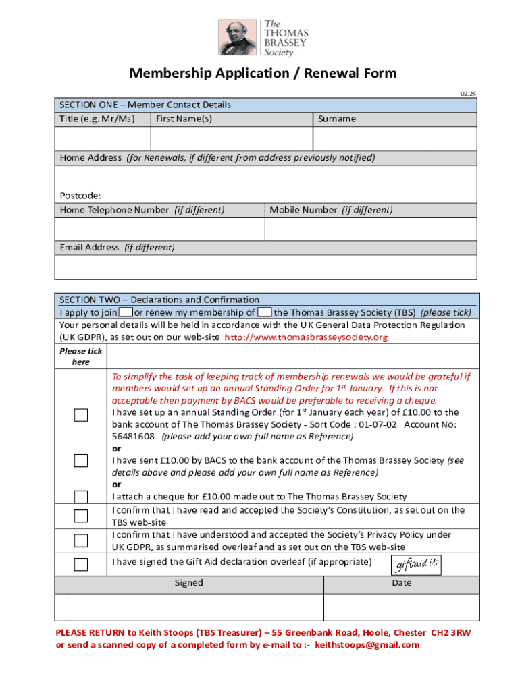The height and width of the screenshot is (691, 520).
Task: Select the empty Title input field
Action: click(x=102, y=138)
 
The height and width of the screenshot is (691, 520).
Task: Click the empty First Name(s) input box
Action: click(x=232, y=138)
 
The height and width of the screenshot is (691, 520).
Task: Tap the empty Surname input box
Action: click(x=395, y=138)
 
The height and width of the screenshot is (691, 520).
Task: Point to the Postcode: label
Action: click(x=80, y=196)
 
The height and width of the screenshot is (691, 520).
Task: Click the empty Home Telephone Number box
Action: click(x=159, y=229)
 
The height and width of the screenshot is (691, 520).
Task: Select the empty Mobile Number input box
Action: click(x=371, y=229)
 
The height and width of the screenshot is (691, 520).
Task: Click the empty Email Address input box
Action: click(x=267, y=267)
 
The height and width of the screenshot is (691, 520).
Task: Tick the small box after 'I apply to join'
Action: click(x=126, y=312)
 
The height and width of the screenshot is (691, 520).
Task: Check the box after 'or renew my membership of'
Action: click(x=265, y=312)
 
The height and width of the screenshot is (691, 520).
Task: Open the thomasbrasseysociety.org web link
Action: click(x=306, y=337)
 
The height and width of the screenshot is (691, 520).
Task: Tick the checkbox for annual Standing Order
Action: click(x=81, y=416)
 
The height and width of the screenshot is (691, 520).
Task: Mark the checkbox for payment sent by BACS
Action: click(x=81, y=461)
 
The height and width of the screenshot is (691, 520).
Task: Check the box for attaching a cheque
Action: click(x=81, y=497)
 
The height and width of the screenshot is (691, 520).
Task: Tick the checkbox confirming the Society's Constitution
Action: click(x=81, y=516)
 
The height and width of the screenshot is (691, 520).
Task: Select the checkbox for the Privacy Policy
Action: click(x=81, y=541)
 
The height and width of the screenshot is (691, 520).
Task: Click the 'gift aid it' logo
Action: click(x=416, y=564)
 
